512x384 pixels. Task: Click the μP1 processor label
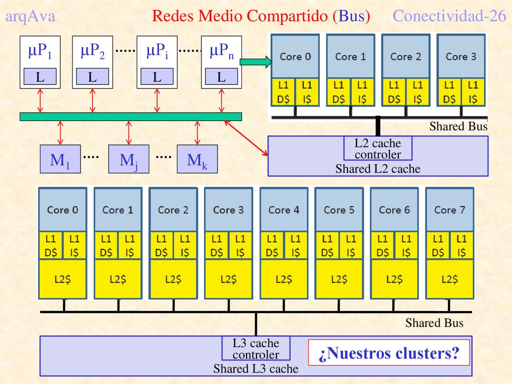pyautogui.click(x=40, y=51)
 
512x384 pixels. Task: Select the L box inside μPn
pyautogui.click(x=221, y=76)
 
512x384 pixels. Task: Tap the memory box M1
pyautogui.click(x=60, y=159)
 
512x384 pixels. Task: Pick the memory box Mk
pyautogui.click(x=197, y=159)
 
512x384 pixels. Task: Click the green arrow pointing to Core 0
pyautogui.click(x=255, y=61)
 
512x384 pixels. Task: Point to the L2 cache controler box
pyautogui.click(x=378, y=148)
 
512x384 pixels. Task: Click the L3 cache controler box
pyautogui.click(x=256, y=348)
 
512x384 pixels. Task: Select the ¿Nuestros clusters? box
pyautogui.click(x=389, y=352)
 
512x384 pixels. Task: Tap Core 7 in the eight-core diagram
pyautogui.click(x=449, y=209)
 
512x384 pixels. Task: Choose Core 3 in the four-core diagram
pyautogui.click(x=461, y=56)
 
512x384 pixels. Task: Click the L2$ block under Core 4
pyautogui.click(x=284, y=279)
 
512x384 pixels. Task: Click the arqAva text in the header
pyautogui.click(x=30, y=16)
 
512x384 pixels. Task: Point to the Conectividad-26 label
pyautogui.click(x=449, y=15)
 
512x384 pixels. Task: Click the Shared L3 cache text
pyautogui.click(x=256, y=368)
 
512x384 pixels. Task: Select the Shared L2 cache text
pyautogui.click(x=378, y=169)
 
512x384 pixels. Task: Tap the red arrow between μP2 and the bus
pyautogui.click(x=92, y=100)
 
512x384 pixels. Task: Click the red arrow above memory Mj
pyautogui.click(x=128, y=133)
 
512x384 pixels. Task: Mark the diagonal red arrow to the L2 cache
pyautogui.click(x=246, y=138)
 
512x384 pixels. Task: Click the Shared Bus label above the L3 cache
pyautogui.click(x=434, y=323)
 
